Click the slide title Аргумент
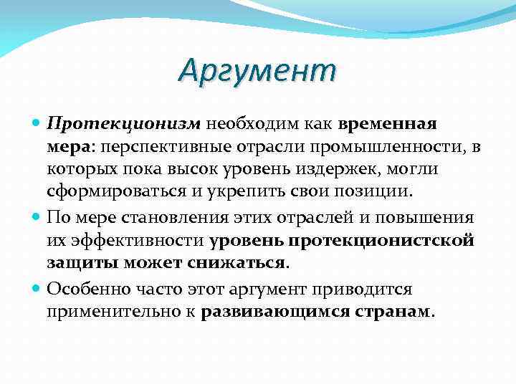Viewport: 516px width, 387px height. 257,70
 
